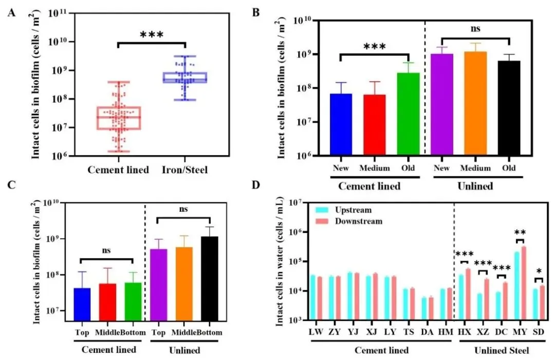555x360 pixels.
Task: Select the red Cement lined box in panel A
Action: [119, 118]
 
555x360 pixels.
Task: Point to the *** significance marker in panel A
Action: [152, 35]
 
